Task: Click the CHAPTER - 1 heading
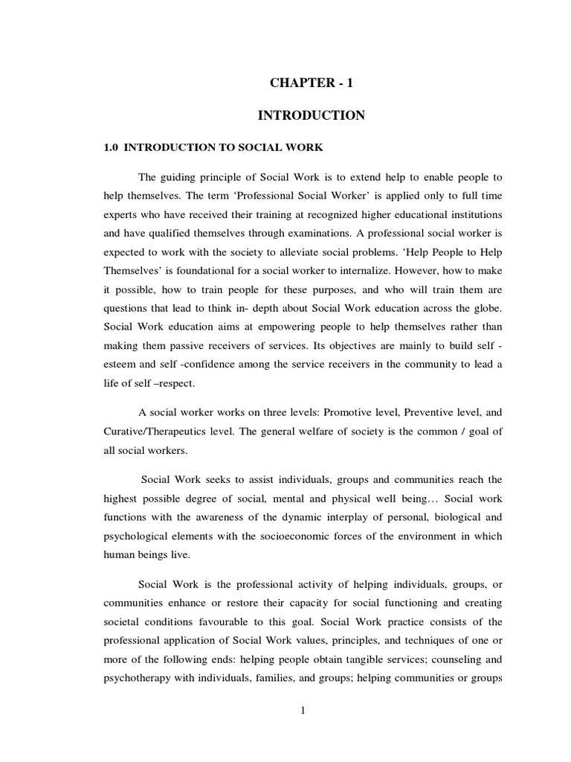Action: [311, 83]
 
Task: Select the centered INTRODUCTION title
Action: [311, 115]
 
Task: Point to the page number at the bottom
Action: [303, 710]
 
